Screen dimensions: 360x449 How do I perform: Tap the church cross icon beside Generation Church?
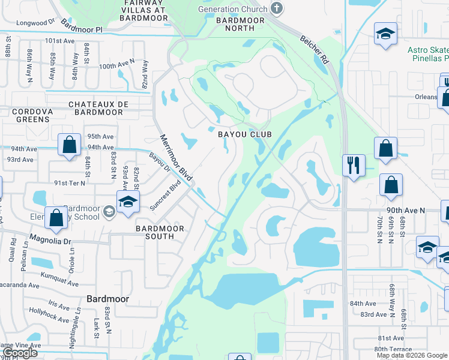[x=276, y=8]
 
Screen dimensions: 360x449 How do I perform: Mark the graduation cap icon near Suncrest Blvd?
[x=127, y=202]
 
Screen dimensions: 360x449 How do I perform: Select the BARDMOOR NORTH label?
[x=235, y=24]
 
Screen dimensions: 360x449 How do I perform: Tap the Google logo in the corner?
[x=20, y=353]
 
